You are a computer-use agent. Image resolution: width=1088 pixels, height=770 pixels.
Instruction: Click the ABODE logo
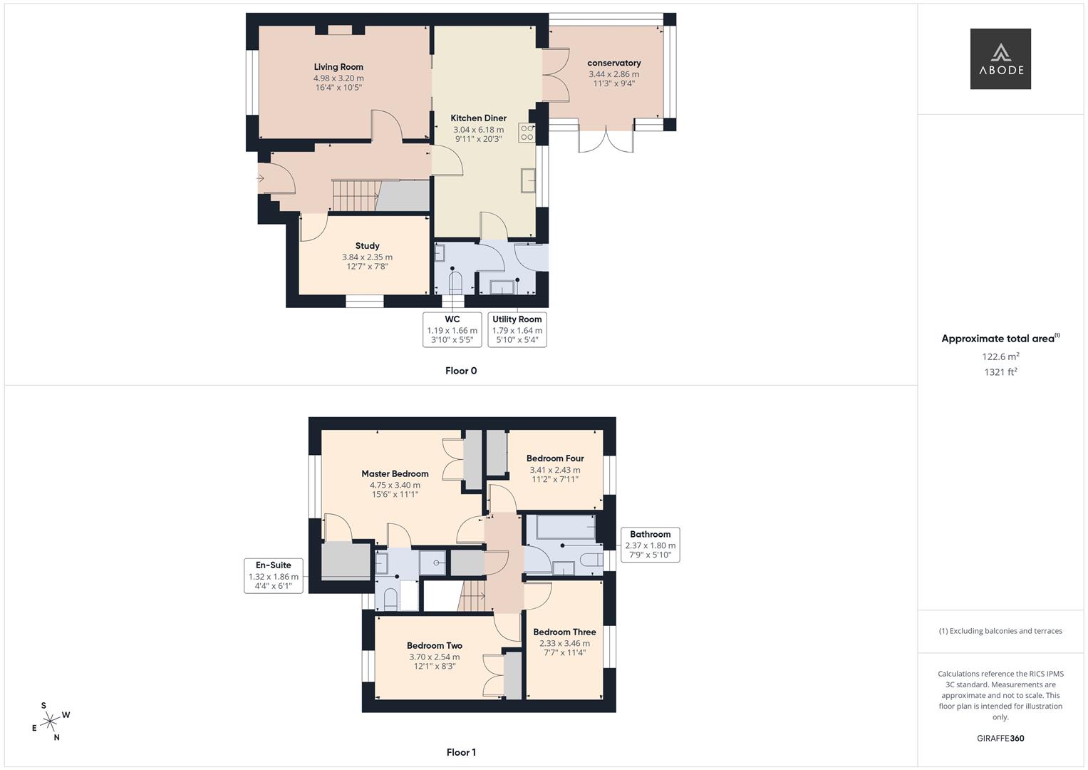1000,59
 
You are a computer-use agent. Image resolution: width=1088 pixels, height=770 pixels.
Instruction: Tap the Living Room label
338,67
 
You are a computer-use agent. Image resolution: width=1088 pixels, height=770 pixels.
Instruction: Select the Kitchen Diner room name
478,118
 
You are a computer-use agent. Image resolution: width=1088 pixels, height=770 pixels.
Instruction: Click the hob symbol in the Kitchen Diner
527,133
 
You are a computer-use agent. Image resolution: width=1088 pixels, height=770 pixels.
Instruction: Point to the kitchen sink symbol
528,180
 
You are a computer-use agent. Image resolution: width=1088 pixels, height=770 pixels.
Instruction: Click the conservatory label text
613,63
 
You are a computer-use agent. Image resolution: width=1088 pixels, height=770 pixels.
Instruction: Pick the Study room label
367,246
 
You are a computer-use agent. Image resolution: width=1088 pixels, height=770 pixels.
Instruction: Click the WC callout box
452,329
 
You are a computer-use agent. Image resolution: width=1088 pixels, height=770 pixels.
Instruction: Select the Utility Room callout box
517,329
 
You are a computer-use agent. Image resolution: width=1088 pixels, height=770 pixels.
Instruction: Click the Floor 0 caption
461,371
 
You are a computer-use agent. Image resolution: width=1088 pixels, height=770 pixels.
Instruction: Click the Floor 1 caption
461,752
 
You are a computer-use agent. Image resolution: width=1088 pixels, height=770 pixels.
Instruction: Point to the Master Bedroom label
395,474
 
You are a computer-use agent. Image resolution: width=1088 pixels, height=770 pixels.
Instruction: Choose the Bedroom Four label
555,458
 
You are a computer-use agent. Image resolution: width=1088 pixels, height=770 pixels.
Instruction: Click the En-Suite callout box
273,575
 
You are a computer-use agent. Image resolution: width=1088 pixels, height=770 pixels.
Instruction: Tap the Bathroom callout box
650,545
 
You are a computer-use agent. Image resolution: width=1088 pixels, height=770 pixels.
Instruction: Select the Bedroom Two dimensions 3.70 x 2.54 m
434,657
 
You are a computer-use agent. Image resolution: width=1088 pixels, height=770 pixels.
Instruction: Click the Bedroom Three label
564,632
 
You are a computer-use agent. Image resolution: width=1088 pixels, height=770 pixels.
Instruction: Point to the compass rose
50,722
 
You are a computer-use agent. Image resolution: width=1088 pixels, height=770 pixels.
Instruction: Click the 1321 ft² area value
1000,372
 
